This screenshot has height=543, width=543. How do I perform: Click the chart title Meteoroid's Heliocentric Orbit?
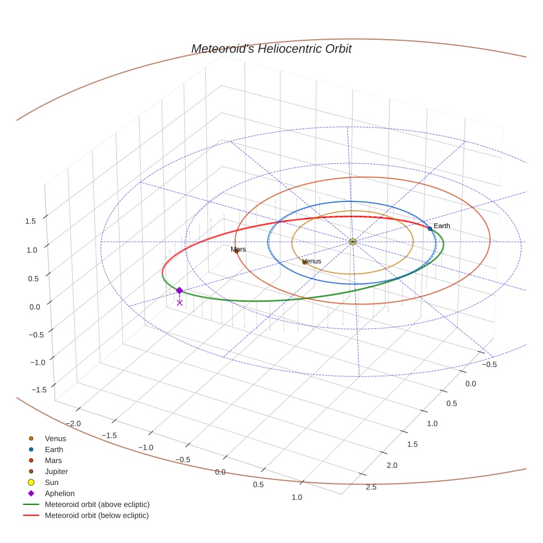[271, 49]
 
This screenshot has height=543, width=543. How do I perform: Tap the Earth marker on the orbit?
[430, 228]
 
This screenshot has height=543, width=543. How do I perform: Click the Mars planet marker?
[236, 252]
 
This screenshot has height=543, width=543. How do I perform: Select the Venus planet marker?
[305, 262]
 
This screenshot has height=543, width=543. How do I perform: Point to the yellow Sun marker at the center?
[353, 242]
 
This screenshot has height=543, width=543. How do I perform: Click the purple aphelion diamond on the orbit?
[179, 290]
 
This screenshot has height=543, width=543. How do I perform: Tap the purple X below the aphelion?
[179, 302]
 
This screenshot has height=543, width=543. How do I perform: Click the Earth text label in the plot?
[442, 226]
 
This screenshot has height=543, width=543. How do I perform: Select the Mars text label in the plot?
[238, 249]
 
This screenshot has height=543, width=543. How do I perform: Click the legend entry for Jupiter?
[56, 471]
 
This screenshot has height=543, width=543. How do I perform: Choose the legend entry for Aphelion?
[59, 493]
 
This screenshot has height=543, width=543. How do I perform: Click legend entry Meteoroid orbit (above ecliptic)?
[97, 504]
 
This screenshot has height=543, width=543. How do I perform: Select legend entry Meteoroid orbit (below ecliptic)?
[97, 515]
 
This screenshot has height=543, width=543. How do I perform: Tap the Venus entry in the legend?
[55, 438]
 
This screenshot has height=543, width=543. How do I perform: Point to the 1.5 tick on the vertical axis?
[30, 221]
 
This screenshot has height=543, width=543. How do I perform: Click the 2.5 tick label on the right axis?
[371, 487]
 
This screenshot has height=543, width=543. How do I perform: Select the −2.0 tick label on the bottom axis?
[73, 423]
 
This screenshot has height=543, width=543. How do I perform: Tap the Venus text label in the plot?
[312, 261]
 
